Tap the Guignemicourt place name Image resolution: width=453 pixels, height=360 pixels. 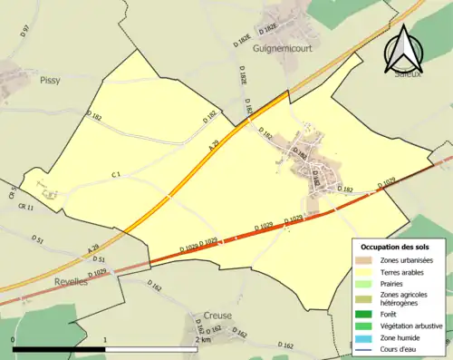pos(284,49)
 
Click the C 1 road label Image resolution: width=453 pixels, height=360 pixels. pos(117,173)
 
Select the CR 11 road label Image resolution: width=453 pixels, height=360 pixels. pos(24,208)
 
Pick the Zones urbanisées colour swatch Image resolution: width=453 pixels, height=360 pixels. pos(367,261)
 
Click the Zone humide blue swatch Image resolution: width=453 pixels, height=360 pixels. pos(367,336)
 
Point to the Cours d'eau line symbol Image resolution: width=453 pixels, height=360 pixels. pos(367,348)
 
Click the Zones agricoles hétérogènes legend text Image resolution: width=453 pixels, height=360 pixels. pos(405,299)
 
